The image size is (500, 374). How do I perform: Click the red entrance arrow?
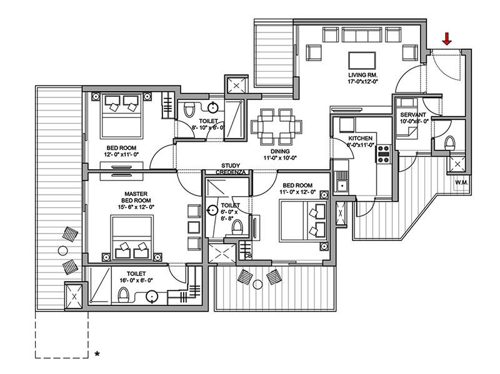click(446, 39)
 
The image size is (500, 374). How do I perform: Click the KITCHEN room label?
click(361, 138)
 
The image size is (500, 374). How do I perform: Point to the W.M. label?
click(462, 183)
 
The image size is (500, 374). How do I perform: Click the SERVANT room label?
click(413, 115)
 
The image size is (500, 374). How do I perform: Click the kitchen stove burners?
click(383, 154)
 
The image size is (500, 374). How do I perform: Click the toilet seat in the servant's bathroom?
click(447, 143)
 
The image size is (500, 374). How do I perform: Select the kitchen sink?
click(341, 185)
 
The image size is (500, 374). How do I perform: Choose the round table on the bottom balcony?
click(257, 284)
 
